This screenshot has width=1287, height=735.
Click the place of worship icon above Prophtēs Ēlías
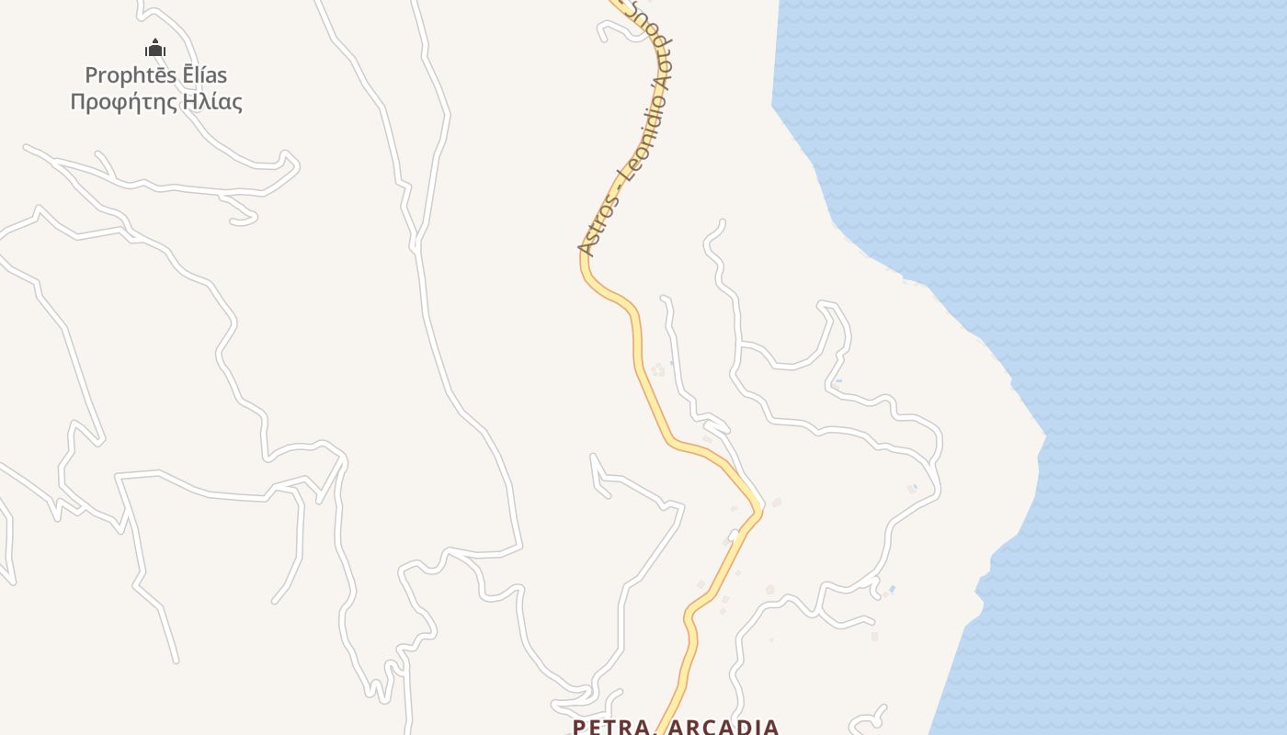(155, 48)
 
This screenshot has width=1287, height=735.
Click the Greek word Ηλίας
(212, 101)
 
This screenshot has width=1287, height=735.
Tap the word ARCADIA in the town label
(723, 728)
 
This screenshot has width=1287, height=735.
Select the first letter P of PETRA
(579, 728)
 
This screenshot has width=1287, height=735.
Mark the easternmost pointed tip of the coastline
(1046, 435)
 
